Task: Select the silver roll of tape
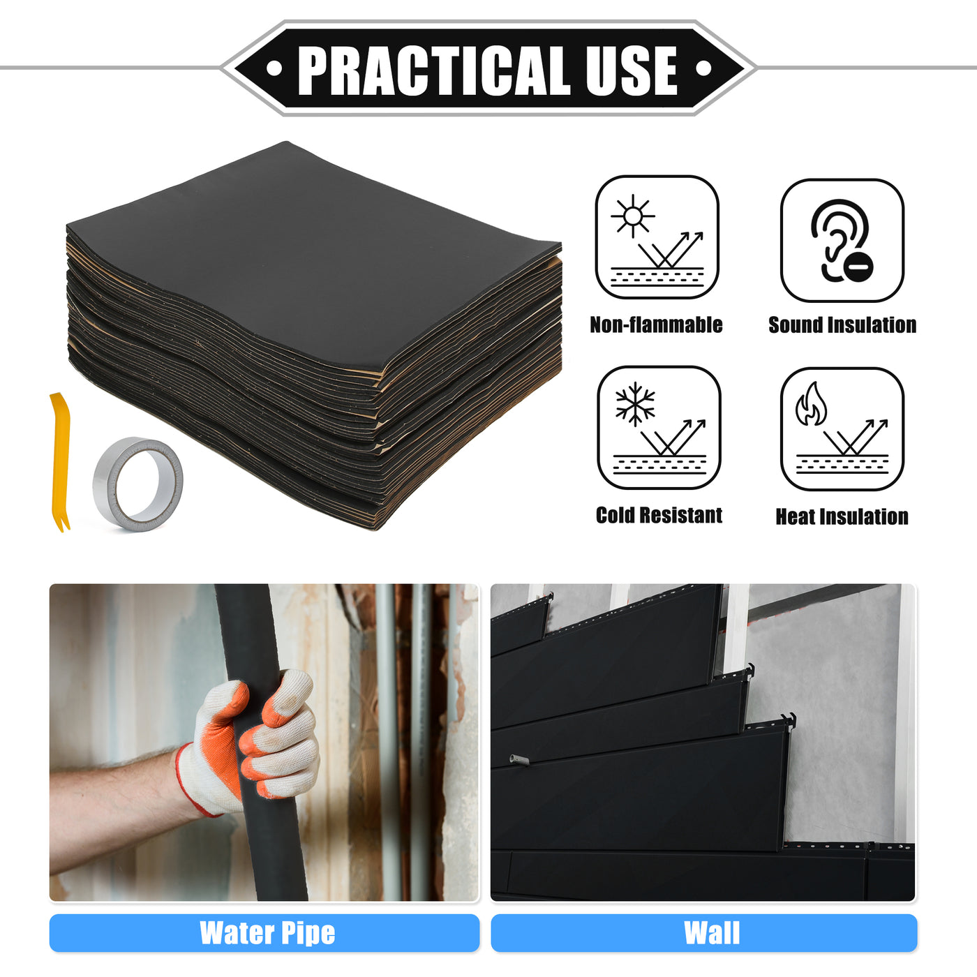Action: coord(137,484)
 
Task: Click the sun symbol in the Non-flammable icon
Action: coord(632,216)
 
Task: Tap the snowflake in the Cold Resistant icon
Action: coord(635,404)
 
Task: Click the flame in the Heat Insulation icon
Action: coord(811,403)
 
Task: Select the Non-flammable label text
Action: coord(656,325)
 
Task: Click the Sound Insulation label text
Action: coord(842,325)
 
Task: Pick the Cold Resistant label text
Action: coord(659,515)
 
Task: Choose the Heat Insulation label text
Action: coord(842,516)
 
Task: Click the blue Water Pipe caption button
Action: coord(264,933)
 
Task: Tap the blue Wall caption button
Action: coord(703,933)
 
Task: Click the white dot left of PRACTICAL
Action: coord(274,68)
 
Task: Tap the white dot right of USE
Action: coord(703,68)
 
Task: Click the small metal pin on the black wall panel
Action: coord(519,759)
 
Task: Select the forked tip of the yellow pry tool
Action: coord(63,525)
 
